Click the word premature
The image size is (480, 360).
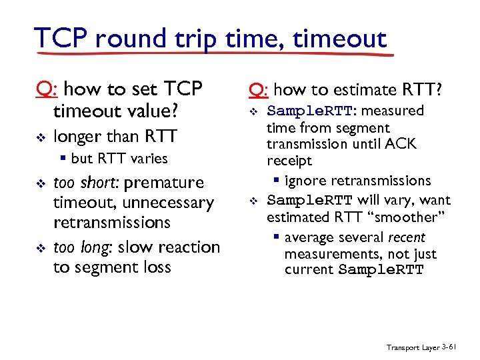tap(164, 183)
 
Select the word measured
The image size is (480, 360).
tap(393, 110)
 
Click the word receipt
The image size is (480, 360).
tap(289, 161)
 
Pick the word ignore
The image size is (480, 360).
tap(305, 181)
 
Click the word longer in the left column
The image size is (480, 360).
tap(77, 137)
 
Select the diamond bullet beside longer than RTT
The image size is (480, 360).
tap(39, 137)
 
